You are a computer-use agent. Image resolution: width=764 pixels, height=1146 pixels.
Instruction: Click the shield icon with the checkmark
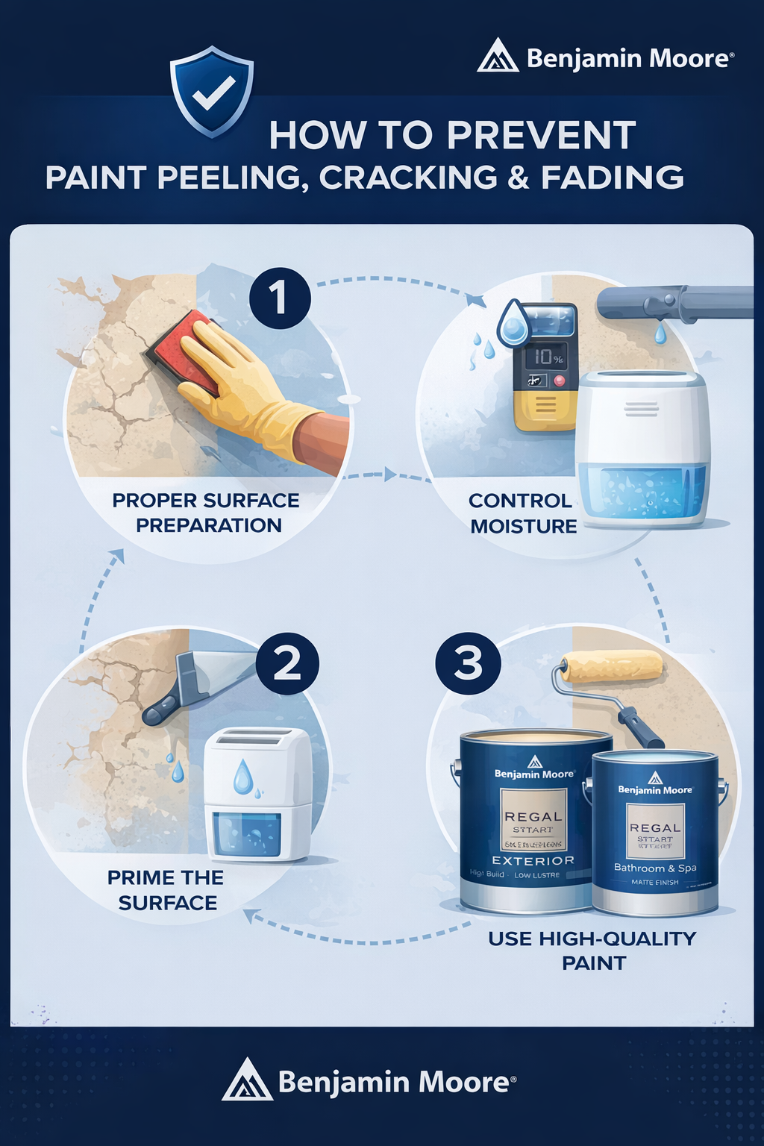pyautogui.click(x=213, y=91)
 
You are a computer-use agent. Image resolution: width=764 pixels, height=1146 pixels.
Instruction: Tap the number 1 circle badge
pyautogui.click(x=280, y=298)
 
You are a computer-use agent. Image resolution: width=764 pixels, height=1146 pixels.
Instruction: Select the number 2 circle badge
pyautogui.click(x=287, y=663)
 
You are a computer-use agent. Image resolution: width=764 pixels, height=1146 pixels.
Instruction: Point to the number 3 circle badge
pyautogui.click(x=468, y=663)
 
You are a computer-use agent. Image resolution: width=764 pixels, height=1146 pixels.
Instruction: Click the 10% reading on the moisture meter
pyautogui.click(x=547, y=357)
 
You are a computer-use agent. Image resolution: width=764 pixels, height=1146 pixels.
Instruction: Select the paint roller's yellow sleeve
pyautogui.click(x=612, y=666)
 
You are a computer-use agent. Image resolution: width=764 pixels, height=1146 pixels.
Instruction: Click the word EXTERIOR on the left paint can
pyautogui.click(x=533, y=860)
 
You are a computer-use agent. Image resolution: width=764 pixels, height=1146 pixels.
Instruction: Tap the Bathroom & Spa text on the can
pyautogui.click(x=655, y=868)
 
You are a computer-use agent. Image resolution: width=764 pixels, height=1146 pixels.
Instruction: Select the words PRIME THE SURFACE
pyautogui.click(x=166, y=890)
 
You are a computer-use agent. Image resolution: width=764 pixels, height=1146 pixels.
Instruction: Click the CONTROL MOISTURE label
pyautogui.click(x=522, y=513)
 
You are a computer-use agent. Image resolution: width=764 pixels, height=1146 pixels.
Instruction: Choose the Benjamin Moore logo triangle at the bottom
pyautogui.click(x=246, y=1081)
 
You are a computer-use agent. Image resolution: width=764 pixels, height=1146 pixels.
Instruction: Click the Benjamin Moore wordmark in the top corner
pyautogui.click(x=629, y=58)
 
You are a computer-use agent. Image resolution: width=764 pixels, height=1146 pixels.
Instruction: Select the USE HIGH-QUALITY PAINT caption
pyautogui.click(x=592, y=951)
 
